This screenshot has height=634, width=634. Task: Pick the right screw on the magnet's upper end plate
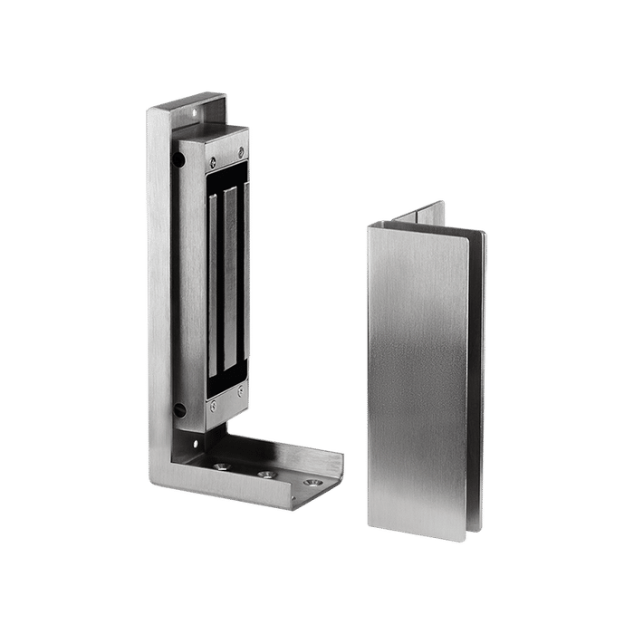click(x=242, y=142)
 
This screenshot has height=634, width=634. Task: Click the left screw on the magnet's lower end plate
click(x=208, y=413)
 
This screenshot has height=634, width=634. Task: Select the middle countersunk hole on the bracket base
click(x=267, y=475)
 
